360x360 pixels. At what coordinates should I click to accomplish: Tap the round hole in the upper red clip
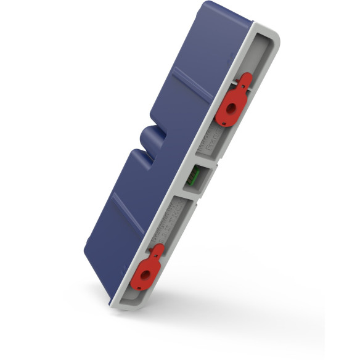tap(232, 107)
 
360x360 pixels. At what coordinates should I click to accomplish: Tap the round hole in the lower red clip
tap(147, 276)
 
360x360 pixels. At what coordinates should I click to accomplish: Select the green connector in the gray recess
tap(193, 178)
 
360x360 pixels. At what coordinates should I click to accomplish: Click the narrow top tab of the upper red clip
tap(245, 79)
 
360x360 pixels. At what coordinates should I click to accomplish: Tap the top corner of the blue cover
tap(210, 5)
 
